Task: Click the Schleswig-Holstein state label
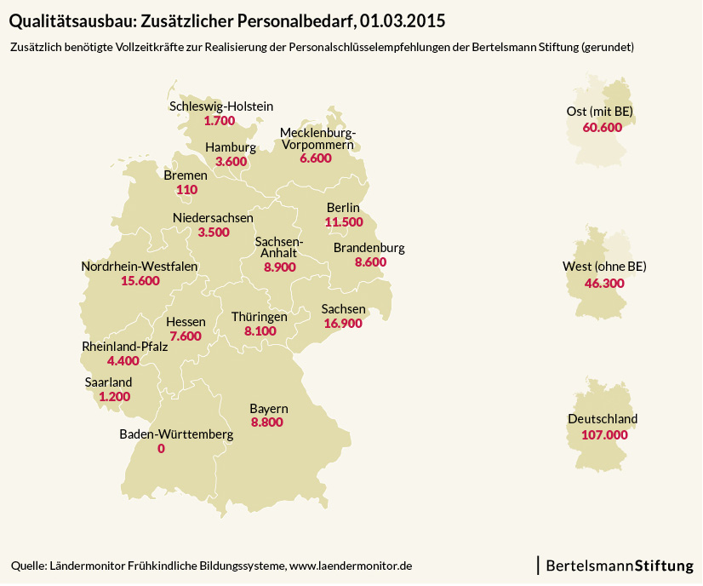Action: click(x=221, y=107)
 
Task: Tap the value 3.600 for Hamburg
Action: click(x=231, y=162)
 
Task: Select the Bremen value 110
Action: click(x=186, y=190)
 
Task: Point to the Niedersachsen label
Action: click(x=213, y=218)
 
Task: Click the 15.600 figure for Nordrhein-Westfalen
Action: click(x=140, y=281)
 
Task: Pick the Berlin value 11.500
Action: click(x=344, y=222)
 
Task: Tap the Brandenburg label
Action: click(x=369, y=248)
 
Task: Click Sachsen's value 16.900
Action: click(x=343, y=324)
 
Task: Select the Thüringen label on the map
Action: click(x=260, y=316)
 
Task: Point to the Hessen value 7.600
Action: click(x=186, y=336)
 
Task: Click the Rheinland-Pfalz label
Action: click(x=124, y=347)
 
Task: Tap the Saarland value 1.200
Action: click(x=114, y=397)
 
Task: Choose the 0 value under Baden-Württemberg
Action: click(x=162, y=449)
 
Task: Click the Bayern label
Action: click(x=268, y=408)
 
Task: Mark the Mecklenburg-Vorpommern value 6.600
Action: click(x=316, y=159)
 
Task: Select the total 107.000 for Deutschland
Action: click(x=604, y=434)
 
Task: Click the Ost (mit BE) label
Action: click(x=600, y=112)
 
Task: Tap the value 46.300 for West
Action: click(x=605, y=282)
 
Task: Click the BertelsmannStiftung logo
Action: click(x=619, y=565)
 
